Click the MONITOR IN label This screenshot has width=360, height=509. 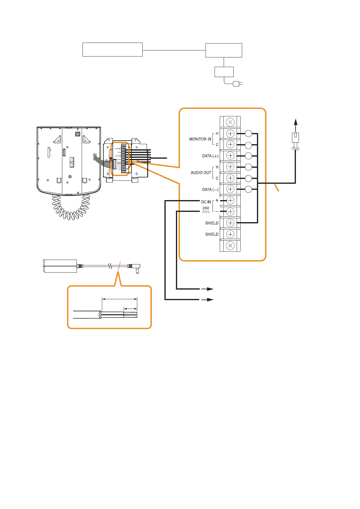200,139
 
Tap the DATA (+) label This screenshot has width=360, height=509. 210,156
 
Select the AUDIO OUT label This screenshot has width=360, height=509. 201,173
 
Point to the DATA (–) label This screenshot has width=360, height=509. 210,190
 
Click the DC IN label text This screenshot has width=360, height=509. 206,202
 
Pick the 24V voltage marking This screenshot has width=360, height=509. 206,208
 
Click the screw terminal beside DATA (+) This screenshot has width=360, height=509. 230,156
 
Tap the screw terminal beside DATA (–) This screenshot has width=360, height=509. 230,189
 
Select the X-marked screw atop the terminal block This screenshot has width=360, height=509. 230,122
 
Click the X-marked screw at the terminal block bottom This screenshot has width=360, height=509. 230,245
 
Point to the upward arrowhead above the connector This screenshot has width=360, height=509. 296,122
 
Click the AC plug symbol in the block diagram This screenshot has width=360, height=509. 237,83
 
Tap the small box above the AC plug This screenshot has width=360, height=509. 224,72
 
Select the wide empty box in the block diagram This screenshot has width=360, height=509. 112,50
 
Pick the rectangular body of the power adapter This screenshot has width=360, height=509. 60,266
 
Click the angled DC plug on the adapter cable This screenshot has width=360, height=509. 136,267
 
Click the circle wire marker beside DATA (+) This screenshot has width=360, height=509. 248,156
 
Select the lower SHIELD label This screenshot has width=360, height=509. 212,234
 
